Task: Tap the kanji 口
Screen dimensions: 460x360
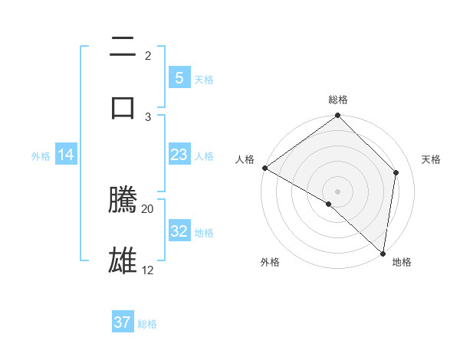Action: click(x=123, y=107)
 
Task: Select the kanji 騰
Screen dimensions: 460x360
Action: click(x=123, y=200)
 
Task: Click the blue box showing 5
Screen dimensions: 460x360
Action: click(x=179, y=77)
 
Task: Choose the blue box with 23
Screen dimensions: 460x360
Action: click(x=179, y=155)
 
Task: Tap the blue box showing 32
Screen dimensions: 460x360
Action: click(x=179, y=231)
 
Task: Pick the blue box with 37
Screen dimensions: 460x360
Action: click(x=123, y=322)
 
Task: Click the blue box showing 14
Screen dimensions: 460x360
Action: click(x=66, y=155)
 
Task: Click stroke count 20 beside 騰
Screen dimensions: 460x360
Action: click(x=148, y=208)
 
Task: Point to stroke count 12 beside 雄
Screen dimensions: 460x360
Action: click(x=148, y=270)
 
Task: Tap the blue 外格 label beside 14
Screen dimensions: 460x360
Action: click(x=41, y=155)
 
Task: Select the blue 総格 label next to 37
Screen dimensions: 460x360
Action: click(x=147, y=324)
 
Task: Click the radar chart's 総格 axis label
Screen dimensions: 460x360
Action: click(x=338, y=100)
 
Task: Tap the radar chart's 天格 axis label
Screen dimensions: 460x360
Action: click(x=431, y=159)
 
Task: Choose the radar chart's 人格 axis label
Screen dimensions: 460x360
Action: click(x=245, y=159)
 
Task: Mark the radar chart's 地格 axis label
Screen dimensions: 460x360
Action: click(x=402, y=262)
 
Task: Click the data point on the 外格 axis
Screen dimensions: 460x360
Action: click(x=329, y=205)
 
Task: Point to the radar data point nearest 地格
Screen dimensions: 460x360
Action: click(x=383, y=254)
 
